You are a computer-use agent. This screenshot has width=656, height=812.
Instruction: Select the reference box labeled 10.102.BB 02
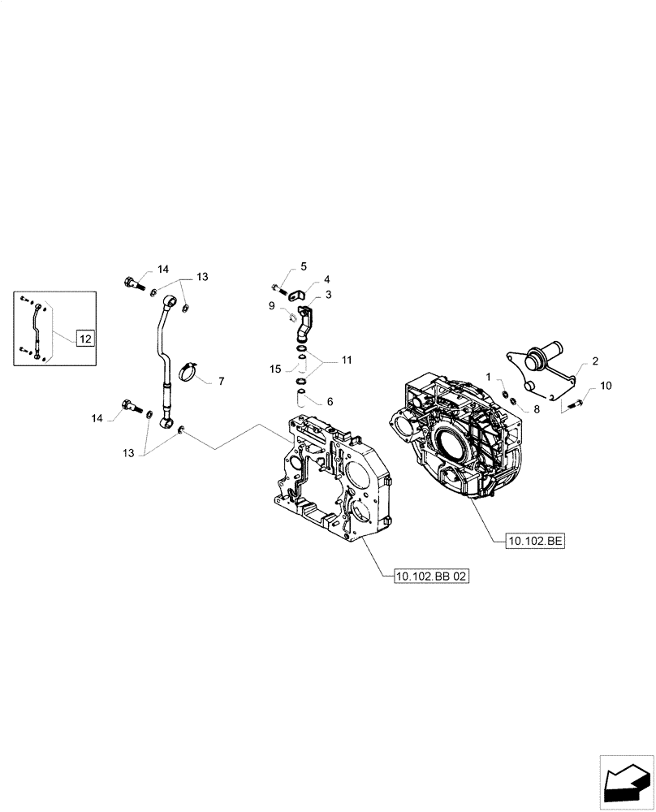[x=431, y=576]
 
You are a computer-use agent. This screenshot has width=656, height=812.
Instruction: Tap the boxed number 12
[x=85, y=336]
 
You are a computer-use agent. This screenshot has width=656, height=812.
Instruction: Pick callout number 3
[x=329, y=296]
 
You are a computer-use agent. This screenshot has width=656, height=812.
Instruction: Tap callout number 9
[x=272, y=305]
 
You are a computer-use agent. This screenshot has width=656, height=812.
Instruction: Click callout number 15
[x=276, y=369]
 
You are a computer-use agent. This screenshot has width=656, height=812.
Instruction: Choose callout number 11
[x=347, y=358]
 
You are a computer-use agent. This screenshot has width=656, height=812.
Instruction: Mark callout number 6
[x=329, y=401]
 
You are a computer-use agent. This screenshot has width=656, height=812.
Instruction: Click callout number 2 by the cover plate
[x=595, y=361]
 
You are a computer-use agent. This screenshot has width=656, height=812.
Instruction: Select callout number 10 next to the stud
[x=607, y=386]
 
